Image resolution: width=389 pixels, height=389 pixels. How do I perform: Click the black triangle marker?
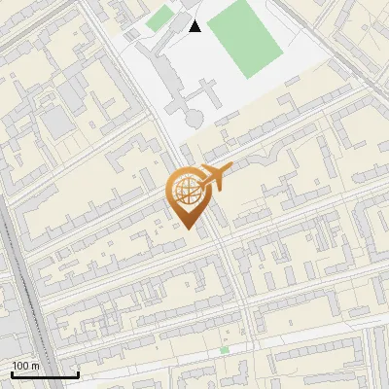click(195, 26)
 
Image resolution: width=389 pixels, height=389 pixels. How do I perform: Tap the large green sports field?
click(243, 37)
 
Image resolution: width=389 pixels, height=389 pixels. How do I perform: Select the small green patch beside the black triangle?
click(159, 18)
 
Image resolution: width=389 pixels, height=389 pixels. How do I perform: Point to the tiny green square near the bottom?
click(225, 349)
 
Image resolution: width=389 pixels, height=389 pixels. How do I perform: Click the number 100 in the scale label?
click(21, 366)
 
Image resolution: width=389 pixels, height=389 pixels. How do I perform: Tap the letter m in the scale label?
click(34, 366)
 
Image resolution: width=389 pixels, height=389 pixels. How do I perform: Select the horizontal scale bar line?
click(45, 374)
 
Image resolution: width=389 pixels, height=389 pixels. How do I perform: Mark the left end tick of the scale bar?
click(12, 373)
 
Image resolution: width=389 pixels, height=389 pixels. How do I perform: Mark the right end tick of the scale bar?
click(78, 373)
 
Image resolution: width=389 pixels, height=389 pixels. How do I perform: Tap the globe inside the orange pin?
click(186, 193)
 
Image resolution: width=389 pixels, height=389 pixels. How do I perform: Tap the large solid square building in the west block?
click(56, 122)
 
